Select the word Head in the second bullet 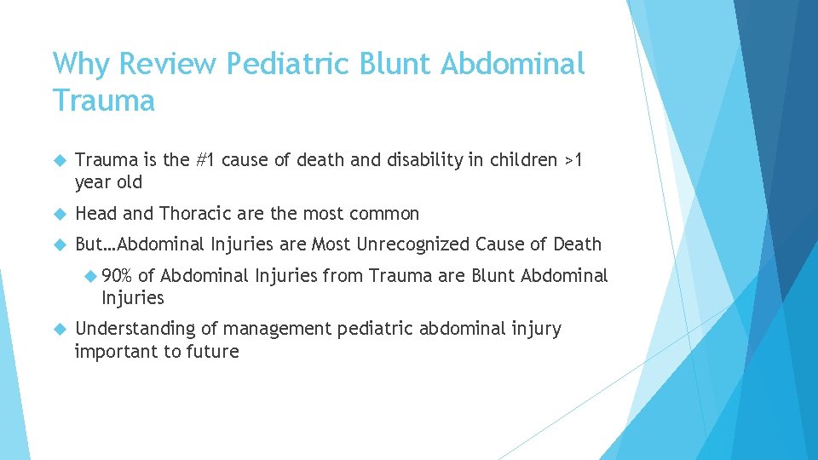pyautogui.click(x=96, y=213)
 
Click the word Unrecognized pyautogui.click(x=412, y=244)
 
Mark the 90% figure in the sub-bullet pyautogui.click(x=117, y=275)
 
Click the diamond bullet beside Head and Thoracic pyautogui.click(x=59, y=214)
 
